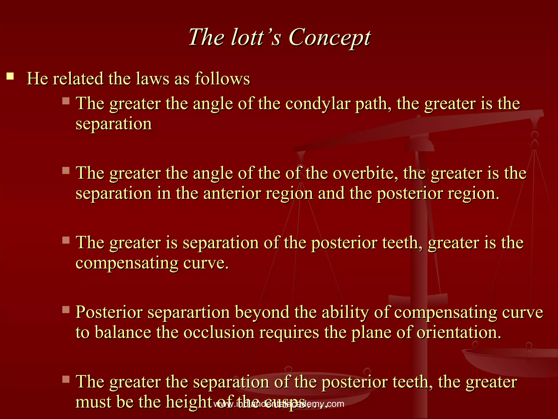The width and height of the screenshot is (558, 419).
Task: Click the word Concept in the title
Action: pyautogui.click(x=329, y=38)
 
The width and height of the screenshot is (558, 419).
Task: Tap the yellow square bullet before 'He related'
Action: pyautogui.click(x=10, y=76)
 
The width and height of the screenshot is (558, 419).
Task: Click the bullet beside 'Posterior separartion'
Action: pyautogui.click(x=66, y=310)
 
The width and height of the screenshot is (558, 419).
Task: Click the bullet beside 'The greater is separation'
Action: pyautogui.click(x=66, y=240)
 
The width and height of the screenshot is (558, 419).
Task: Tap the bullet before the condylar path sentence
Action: pyautogui.click(x=66, y=101)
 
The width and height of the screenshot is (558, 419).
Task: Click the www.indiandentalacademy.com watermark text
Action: pyautogui.click(x=279, y=404)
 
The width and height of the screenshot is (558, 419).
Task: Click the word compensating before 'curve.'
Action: pyautogui.click(x=127, y=264)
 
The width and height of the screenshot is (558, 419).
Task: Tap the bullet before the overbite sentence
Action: pyautogui.click(x=66, y=170)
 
